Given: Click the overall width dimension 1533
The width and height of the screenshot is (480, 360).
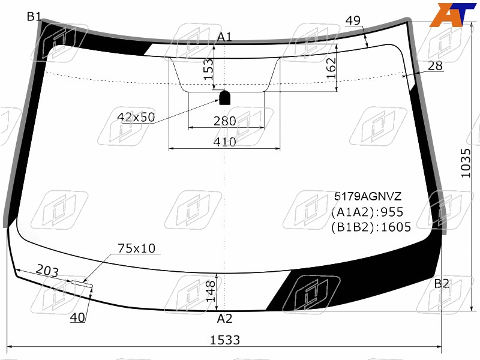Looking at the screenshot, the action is click(224, 340).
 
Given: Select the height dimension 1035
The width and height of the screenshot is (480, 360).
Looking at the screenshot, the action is click(466, 163).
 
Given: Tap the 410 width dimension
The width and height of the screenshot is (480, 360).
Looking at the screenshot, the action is click(224, 142).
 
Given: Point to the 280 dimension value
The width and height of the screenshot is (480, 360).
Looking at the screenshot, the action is click(224, 121).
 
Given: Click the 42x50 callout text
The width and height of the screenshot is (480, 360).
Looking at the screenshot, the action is click(136, 117).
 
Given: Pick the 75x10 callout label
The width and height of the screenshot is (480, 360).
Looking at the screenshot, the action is click(137, 248).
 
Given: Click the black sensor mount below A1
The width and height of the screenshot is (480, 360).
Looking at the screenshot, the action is click(224, 97).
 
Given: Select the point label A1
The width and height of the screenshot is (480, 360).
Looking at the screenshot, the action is click(224, 37).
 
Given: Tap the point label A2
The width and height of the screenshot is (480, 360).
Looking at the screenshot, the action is click(224, 319).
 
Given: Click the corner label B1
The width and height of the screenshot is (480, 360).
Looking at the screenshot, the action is click(34, 17).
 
